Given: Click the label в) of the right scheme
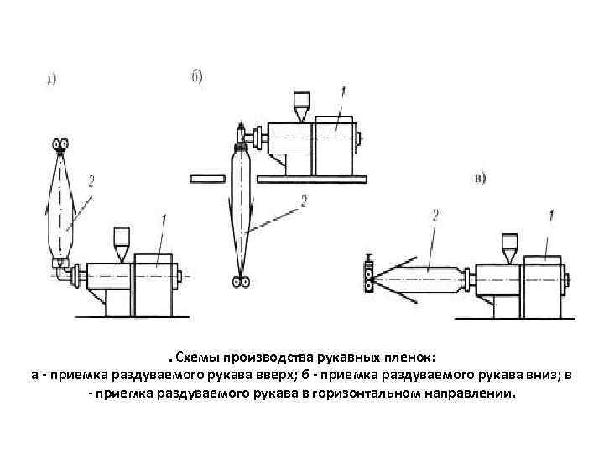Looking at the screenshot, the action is click(x=481, y=178).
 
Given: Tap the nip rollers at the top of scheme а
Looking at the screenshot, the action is click(x=61, y=143).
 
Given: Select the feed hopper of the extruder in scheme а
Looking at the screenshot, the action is click(x=122, y=238).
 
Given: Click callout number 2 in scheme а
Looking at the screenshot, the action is click(x=90, y=180).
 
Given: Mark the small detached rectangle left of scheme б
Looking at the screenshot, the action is click(x=206, y=178).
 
